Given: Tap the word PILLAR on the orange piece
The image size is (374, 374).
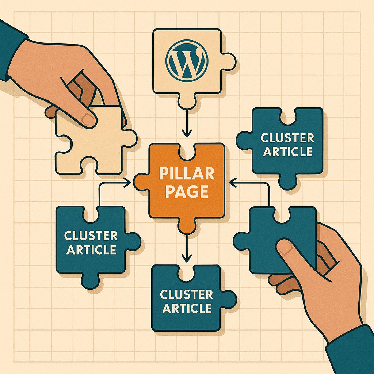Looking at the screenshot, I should pos(187,174).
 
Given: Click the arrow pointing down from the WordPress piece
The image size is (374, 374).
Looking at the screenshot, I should pos(187,124).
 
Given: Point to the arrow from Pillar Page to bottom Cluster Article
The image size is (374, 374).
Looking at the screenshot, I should pos(187,248).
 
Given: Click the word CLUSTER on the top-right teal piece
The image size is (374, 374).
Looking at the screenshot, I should pos(287,138).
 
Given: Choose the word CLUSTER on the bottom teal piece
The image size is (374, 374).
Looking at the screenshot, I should pos(187,294).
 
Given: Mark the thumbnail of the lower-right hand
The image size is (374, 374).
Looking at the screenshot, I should pos(285,248).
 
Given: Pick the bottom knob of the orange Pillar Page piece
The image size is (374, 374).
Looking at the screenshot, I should pos(187,226).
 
